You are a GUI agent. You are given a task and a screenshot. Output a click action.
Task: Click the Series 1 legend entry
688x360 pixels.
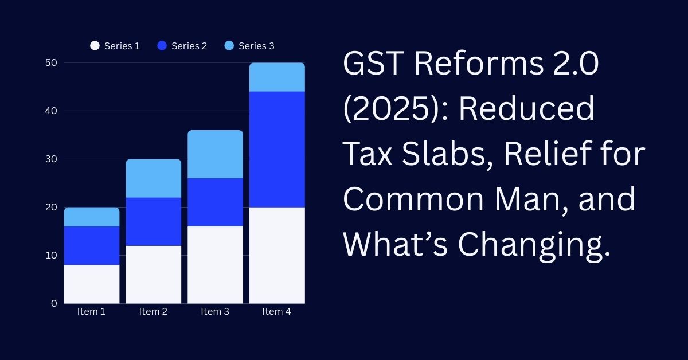pyautogui.click(x=115, y=46)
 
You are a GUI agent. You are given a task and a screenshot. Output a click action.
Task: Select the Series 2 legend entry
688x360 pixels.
pyautogui.click(x=182, y=46)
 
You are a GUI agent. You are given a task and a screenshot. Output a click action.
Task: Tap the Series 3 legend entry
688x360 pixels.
pyautogui.click(x=249, y=46)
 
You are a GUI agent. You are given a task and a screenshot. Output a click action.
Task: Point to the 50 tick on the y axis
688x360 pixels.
pyautogui.click(x=51, y=62)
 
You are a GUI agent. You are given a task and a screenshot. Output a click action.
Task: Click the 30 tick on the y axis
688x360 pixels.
pyautogui.click(x=51, y=159)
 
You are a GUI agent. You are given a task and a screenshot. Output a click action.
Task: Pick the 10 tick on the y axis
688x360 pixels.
pyautogui.click(x=51, y=255)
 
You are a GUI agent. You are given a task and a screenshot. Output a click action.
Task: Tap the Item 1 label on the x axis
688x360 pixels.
pyautogui.click(x=92, y=312)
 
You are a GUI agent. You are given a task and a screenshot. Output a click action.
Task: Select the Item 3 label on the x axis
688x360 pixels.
pyautogui.click(x=215, y=312)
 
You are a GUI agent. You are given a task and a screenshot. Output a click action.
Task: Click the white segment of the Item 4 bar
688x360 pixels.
pyautogui.click(x=277, y=255)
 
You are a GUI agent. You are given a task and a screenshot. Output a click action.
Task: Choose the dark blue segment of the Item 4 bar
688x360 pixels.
pyautogui.click(x=277, y=149)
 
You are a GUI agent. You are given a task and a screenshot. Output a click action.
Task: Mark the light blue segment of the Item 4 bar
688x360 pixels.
pyautogui.click(x=277, y=77)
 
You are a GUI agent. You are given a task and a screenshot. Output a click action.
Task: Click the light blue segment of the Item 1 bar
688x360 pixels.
pyautogui.click(x=92, y=217)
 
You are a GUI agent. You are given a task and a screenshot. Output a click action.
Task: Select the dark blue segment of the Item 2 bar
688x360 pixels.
pyautogui.click(x=153, y=221)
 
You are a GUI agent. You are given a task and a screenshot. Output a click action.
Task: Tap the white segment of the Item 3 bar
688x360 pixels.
pyautogui.click(x=215, y=264)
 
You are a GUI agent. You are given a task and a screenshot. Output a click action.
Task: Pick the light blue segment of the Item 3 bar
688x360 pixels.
pyautogui.click(x=215, y=154)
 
